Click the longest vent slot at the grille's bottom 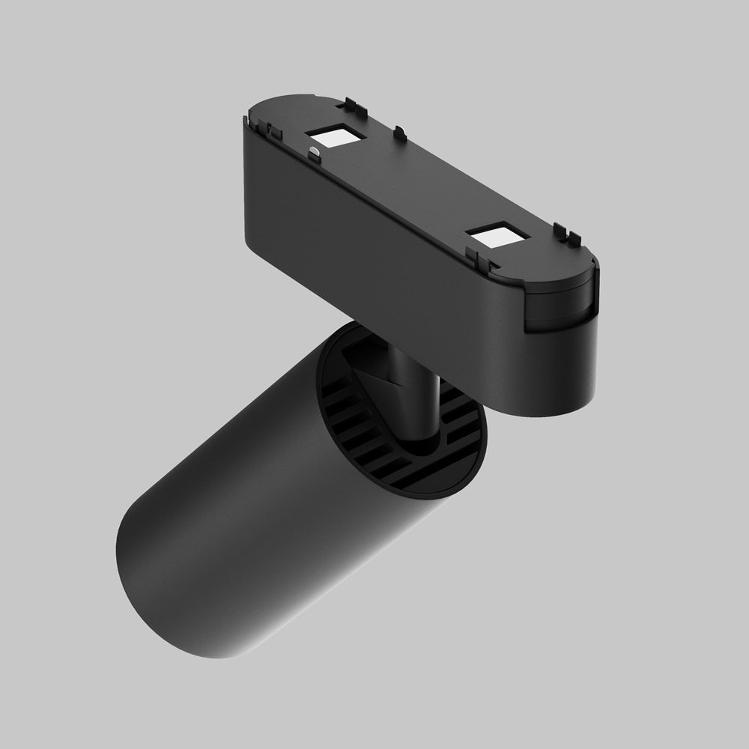click(419, 479)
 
